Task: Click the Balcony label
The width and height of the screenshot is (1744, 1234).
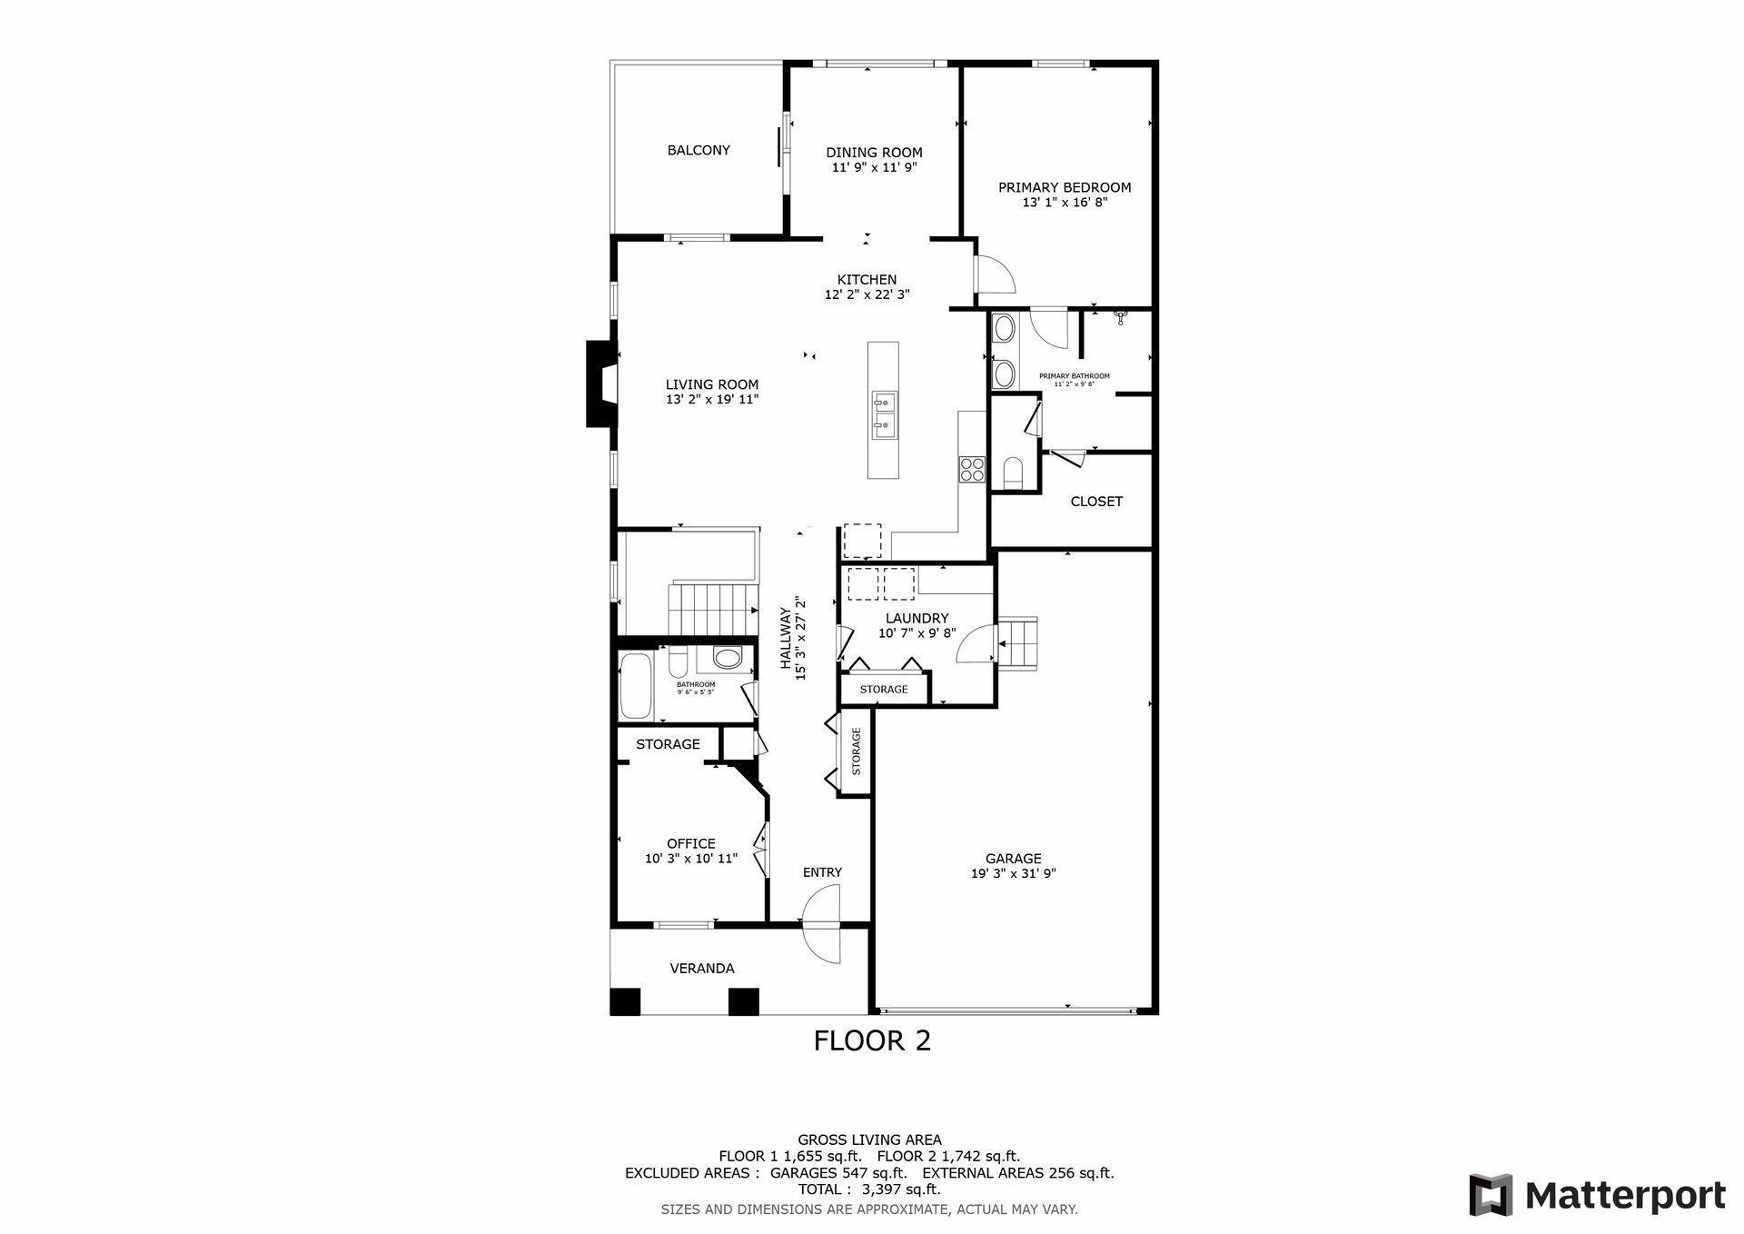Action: [x=698, y=150]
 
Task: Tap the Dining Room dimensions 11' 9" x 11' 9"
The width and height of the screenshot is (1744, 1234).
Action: [x=873, y=168]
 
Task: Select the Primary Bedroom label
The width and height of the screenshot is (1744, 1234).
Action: [x=1064, y=187]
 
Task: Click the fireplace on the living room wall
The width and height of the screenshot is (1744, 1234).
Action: [x=600, y=383]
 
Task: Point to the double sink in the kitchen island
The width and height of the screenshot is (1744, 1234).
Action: [x=883, y=414]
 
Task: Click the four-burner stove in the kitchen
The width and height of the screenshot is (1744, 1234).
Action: [x=971, y=468]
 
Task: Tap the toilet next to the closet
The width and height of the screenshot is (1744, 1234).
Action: [x=1013, y=472]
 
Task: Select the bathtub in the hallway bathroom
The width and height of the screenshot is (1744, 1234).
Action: [x=635, y=686]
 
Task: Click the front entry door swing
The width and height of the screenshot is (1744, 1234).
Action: [x=823, y=927]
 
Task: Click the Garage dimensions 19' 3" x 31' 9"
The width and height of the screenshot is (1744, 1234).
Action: [x=1013, y=874]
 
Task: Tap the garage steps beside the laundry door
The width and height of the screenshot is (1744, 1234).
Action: [x=1018, y=642]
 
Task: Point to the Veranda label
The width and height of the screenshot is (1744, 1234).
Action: [x=701, y=969]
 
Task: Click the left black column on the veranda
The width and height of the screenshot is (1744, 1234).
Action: [x=625, y=1000]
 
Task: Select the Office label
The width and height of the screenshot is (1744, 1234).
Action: [x=690, y=843]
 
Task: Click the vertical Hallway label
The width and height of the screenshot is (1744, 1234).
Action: [x=786, y=638]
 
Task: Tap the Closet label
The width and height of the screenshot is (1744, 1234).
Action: [x=1095, y=501]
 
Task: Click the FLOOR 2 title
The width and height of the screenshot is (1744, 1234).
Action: [x=872, y=1040]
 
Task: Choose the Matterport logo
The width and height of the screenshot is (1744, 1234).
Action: [x=1597, y=1195]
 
